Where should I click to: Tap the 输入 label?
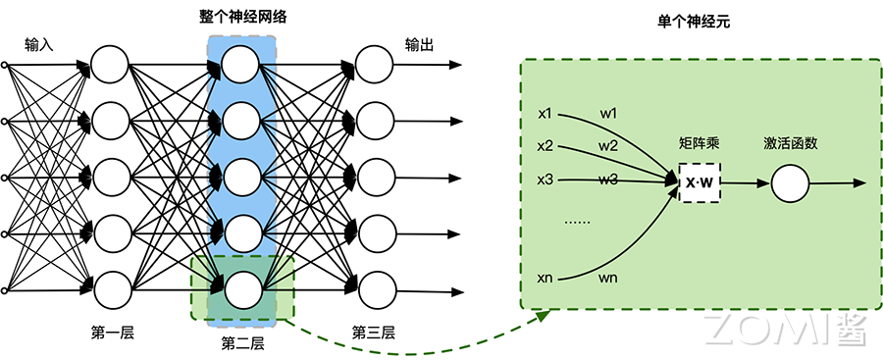pyautogui.click(x=38, y=45)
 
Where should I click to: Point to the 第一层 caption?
pyautogui.click(x=112, y=332)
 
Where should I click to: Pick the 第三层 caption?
pyautogui.click(x=374, y=332)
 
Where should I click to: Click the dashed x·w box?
pyautogui.click(x=699, y=183)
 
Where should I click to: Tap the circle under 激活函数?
pyautogui.click(x=789, y=183)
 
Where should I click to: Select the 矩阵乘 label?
pyautogui.click(x=699, y=143)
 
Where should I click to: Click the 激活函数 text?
pyautogui.click(x=790, y=143)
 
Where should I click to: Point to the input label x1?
pyautogui.click(x=545, y=113)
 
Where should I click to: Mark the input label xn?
pyautogui.click(x=545, y=279)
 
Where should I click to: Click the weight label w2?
pyautogui.click(x=608, y=146)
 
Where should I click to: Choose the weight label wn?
pyautogui.click(x=608, y=279)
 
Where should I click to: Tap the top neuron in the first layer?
pyautogui.click(x=110, y=66)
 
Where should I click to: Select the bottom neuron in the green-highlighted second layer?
pyautogui.click(x=241, y=290)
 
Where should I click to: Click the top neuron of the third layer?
pyautogui.click(x=374, y=66)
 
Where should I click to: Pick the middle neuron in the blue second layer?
pyautogui.click(x=241, y=178)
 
